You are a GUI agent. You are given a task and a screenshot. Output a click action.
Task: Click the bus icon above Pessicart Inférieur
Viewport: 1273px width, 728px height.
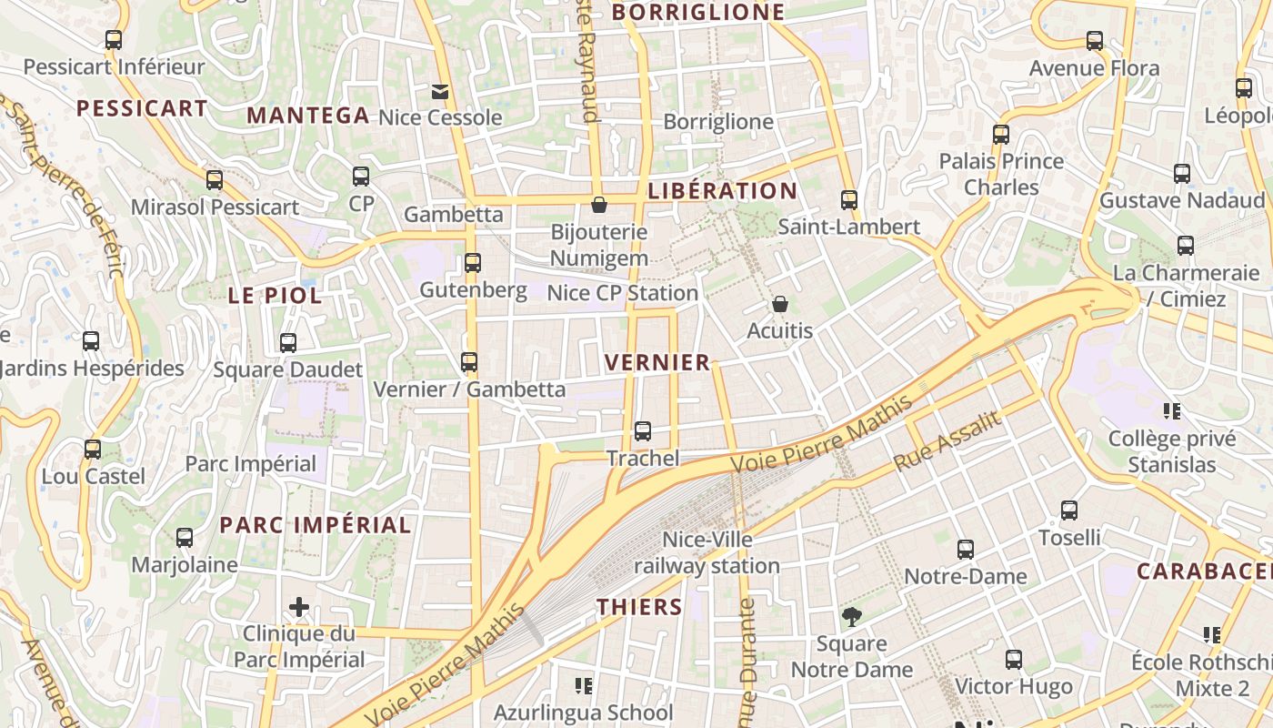click(114, 40)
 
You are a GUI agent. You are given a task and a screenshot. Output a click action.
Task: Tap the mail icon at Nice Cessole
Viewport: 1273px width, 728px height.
click(440, 91)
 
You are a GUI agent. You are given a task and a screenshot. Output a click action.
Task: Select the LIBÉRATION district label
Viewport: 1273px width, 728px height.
click(722, 191)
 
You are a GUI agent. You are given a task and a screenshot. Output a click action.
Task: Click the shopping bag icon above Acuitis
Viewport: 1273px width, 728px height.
click(780, 304)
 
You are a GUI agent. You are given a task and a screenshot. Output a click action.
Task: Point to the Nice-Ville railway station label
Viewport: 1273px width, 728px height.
click(707, 553)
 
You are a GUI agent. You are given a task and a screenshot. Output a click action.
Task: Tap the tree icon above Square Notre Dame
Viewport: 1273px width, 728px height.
click(851, 617)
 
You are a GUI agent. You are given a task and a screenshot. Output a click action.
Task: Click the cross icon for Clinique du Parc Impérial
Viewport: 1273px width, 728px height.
click(299, 607)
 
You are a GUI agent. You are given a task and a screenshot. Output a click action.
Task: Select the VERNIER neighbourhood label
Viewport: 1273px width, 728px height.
click(657, 363)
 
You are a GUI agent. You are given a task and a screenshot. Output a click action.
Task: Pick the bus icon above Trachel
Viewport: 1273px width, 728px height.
click(643, 431)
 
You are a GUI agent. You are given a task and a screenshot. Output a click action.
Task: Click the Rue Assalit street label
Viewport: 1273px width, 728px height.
click(947, 441)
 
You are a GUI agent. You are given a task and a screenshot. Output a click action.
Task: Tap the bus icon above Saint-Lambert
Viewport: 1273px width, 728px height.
click(849, 200)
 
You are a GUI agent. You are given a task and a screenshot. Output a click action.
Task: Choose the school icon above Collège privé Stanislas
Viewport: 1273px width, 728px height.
click(1172, 411)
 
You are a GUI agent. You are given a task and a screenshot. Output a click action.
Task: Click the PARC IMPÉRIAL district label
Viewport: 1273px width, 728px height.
click(316, 525)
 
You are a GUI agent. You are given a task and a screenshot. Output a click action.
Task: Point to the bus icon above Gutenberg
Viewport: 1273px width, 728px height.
click(473, 263)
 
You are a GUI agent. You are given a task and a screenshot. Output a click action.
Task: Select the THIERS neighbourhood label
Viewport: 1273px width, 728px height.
click(639, 607)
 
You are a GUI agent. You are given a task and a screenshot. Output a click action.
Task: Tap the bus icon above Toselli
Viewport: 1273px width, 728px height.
click(1069, 511)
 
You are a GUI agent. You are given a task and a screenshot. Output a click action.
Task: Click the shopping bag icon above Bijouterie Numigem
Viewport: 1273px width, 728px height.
click(599, 205)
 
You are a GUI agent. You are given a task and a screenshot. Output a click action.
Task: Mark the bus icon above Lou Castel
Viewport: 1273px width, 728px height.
click(93, 450)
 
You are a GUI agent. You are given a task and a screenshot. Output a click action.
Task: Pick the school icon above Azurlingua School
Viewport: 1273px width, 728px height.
click(584, 685)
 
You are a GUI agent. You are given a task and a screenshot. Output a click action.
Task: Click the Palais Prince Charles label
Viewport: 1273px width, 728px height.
click(1001, 174)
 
